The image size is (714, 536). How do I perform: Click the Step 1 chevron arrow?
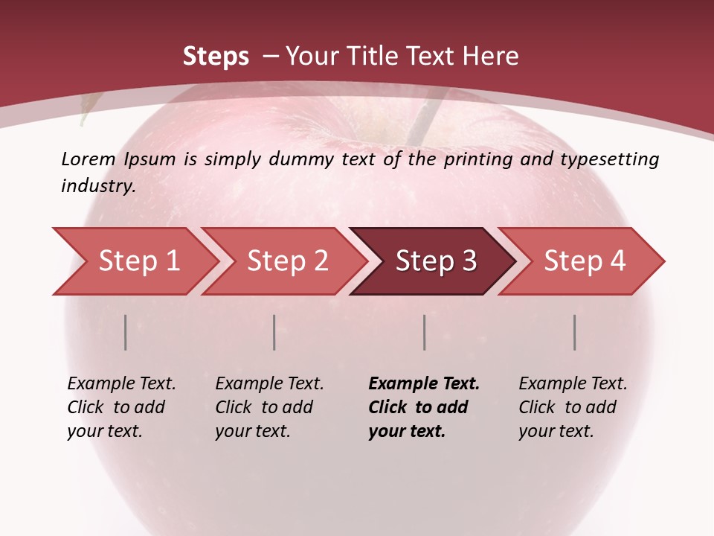138,261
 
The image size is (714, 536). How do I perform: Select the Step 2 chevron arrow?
287,261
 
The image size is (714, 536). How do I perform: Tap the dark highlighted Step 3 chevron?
435,261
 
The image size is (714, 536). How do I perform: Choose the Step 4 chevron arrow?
584,261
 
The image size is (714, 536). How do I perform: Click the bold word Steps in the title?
216,57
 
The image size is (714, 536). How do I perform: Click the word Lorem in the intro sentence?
89,159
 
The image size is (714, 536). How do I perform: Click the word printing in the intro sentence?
477,159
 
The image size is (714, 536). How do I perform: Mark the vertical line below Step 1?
126,332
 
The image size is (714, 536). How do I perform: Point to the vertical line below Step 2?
274,332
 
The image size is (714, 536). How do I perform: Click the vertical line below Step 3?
425,332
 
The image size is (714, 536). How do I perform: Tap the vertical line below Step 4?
575,332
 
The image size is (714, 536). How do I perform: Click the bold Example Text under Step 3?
424,384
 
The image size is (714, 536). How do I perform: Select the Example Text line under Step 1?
121,384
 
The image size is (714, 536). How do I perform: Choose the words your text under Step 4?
556,431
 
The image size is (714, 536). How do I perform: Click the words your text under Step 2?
252,431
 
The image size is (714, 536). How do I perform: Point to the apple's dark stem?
421,119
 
